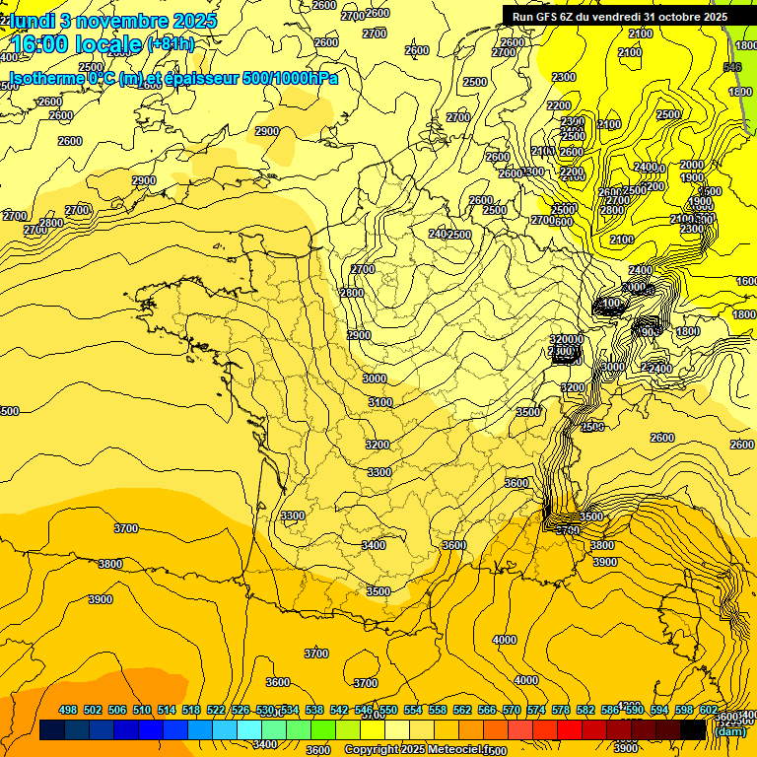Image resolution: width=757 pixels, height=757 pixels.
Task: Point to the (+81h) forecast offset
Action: pos(170,44)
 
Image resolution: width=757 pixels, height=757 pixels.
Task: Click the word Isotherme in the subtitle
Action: pos(45,78)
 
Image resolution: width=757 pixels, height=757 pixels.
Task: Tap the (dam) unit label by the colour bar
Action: pos(729,730)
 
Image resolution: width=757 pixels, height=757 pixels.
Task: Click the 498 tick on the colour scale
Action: pos(68,711)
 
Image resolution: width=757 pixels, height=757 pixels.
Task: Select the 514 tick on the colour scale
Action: pos(167,711)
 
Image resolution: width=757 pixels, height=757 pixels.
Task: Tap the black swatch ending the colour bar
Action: pos(693,730)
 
